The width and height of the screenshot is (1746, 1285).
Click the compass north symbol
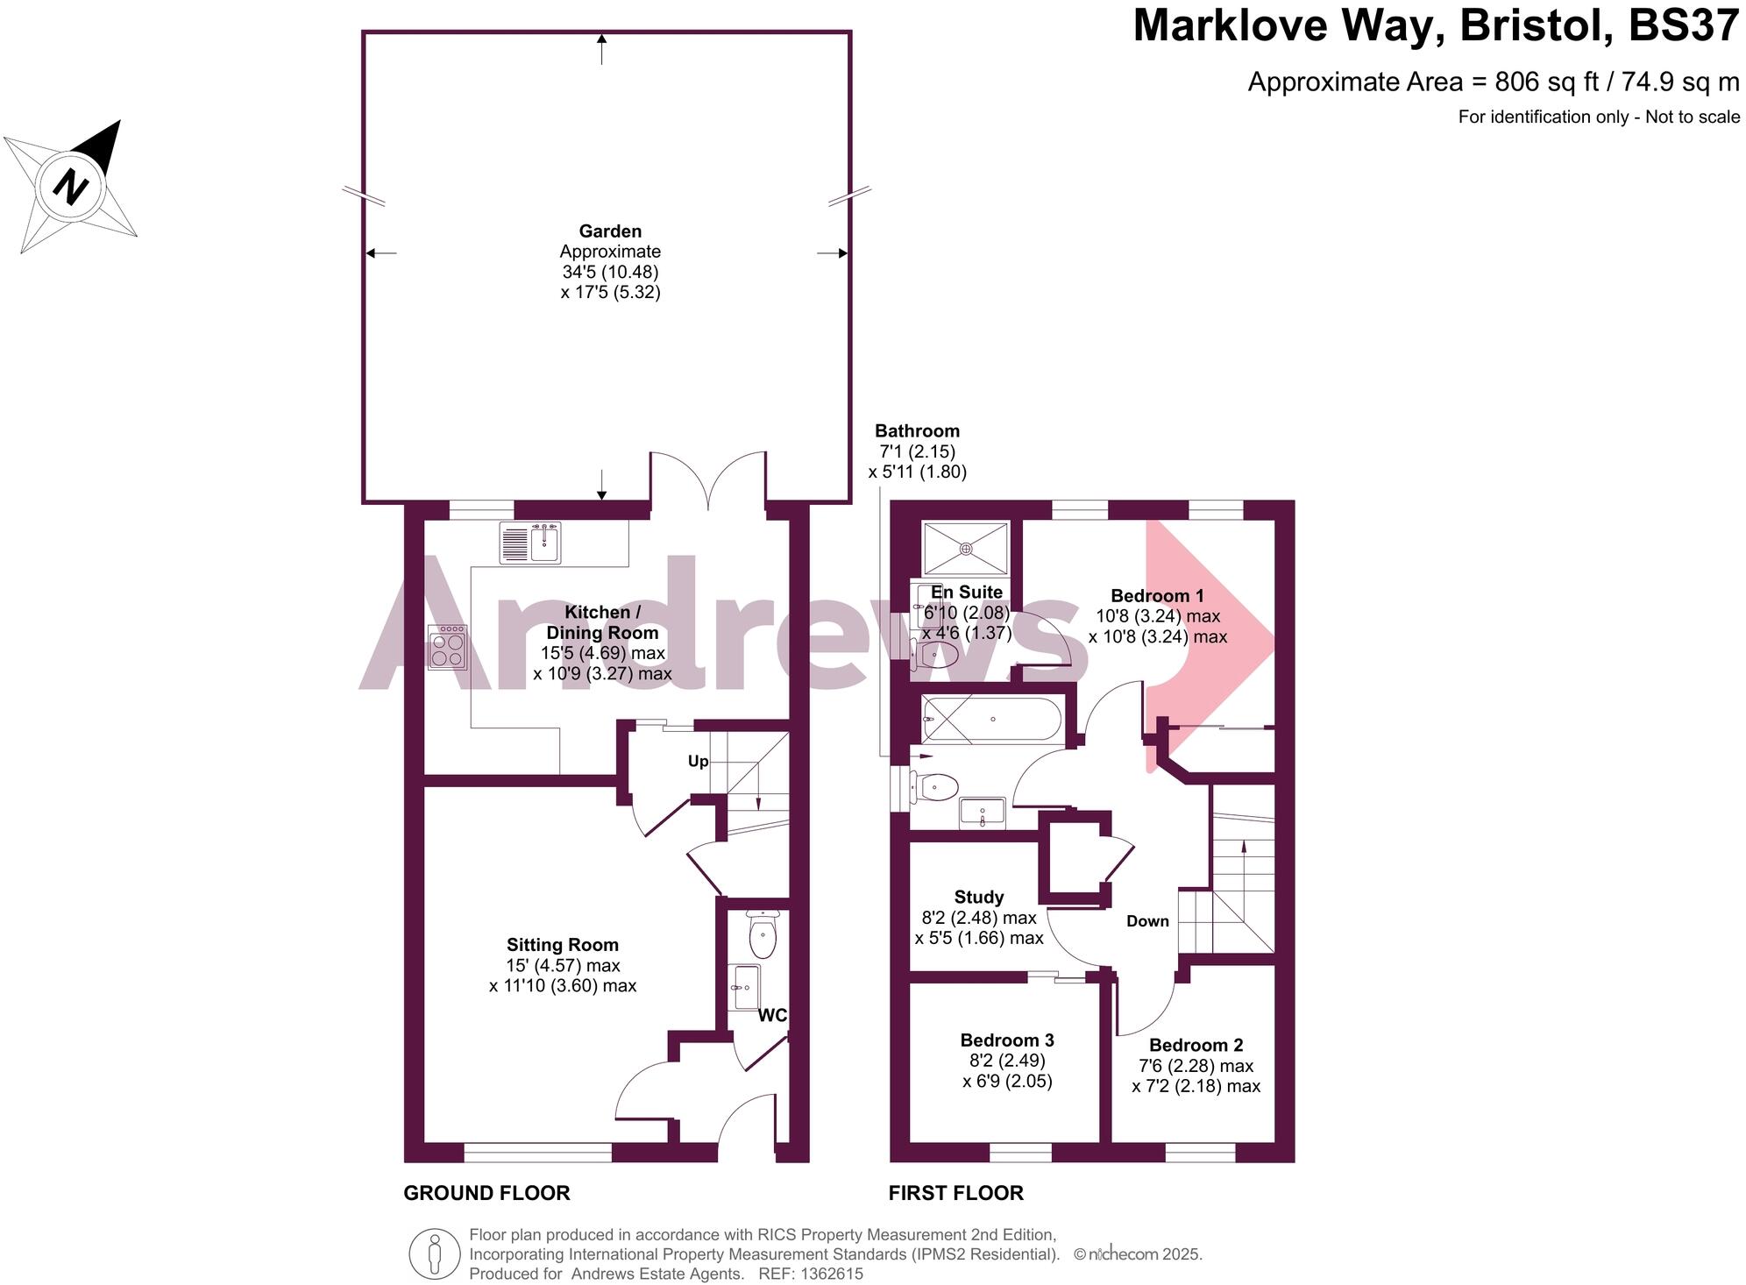pos(70,187)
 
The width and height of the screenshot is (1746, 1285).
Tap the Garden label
pos(611,231)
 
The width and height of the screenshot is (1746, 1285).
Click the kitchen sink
pos(530,543)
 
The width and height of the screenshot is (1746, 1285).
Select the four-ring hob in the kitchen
pos(447,647)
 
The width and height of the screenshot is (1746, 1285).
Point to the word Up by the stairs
pos(698,762)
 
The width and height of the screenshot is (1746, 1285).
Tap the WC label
pos(772,1015)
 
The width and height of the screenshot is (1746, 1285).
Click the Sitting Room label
pos(563,945)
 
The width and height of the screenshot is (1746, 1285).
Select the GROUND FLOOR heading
pos(486,1193)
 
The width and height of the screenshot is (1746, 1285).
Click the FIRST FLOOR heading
pos(955,1193)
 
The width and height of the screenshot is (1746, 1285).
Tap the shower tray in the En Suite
pos(965,549)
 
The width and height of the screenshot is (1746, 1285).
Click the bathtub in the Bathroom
pos(991,720)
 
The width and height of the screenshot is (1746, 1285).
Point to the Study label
pos(979,898)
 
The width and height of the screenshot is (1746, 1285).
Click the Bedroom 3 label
pos(1007,1040)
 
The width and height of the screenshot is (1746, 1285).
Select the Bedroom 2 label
pos(1196,1045)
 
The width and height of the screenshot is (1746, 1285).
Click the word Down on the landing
pos(1147,921)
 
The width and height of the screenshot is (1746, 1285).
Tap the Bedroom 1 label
pos(1157,596)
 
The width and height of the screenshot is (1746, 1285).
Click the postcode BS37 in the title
pos(1684,26)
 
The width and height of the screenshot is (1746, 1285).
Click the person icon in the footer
pos(434,1253)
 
